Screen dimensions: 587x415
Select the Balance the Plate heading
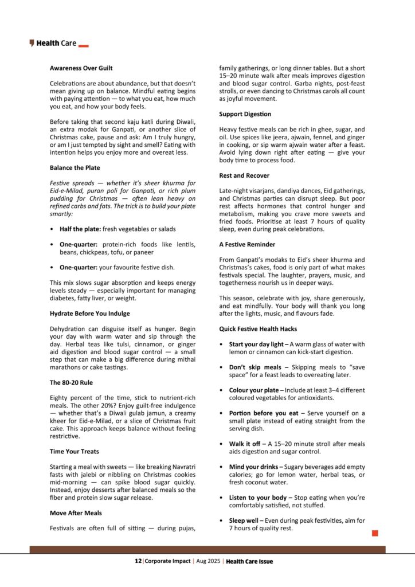[x=75, y=168]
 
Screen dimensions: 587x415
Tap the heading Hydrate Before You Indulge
[x=89, y=314]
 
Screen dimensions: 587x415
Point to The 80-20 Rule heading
[x=71, y=382]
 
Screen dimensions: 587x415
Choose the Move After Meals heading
[x=76, y=513]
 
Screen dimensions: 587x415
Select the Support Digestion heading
[x=245, y=114]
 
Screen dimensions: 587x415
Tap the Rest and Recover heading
[x=244, y=175]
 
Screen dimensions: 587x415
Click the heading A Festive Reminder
[x=247, y=244]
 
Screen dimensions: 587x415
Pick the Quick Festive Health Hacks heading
[x=256, y=328]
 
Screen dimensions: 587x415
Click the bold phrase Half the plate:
[x=80, y=229]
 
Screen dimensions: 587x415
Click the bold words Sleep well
[x=246, y=521]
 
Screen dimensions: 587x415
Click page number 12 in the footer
[x=138, y=562]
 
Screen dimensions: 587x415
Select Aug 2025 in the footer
[x=208, y=562]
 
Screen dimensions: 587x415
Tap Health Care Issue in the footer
[x=249, y=562]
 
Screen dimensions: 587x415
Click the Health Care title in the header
[x=56, y=43]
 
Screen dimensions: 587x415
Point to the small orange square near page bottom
[x=375, y=533]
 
